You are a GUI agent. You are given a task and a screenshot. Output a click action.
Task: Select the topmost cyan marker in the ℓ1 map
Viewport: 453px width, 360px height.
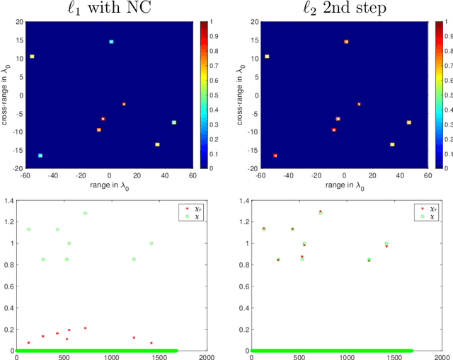[111, 42]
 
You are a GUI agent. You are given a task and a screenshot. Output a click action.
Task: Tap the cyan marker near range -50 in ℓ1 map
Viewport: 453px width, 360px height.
[40, 156]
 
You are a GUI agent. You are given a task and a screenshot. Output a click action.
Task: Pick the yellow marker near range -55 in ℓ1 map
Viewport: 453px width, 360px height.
[32, 57]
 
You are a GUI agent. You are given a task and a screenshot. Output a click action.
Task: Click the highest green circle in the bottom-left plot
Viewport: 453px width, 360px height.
[85, 213]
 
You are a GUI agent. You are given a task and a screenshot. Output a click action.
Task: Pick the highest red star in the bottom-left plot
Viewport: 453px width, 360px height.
[85, 328]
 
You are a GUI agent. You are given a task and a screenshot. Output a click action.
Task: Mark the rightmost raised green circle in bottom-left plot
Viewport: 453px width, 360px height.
[151, 243]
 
